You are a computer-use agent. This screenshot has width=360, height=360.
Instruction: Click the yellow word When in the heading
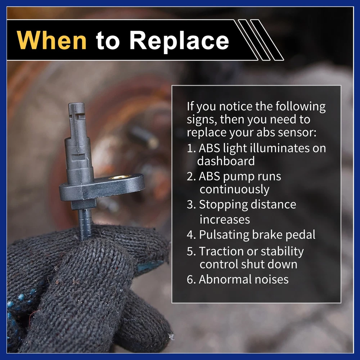pos(51,40)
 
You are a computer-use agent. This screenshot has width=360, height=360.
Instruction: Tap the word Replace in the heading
pos(179,41)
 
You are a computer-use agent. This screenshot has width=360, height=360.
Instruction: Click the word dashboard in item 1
pos(226,161)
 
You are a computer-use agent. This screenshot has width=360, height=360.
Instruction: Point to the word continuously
pos(234,190)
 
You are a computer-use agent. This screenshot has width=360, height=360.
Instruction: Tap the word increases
pos(225,220)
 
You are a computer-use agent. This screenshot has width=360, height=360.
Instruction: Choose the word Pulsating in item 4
pos(224,235)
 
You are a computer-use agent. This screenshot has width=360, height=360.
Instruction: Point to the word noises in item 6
pos(270,279)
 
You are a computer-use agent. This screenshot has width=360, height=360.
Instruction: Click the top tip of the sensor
pos(76,104)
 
